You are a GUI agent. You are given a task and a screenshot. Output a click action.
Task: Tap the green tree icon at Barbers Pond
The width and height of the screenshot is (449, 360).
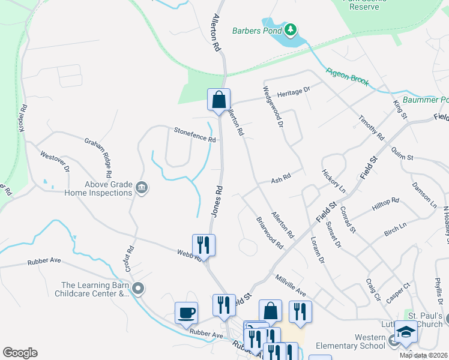click(x=291, y=29)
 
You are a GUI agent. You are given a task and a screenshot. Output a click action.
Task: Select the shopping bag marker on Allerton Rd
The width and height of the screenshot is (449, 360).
click(x=219, y=100)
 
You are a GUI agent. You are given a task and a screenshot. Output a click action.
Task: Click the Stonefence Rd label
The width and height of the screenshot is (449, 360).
click(x=194, y=134)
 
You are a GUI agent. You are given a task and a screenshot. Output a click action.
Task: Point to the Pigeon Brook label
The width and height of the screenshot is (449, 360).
click(x=348, y=76)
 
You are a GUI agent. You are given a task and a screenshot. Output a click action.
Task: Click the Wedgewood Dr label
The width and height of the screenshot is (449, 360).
click(x=271, y=107)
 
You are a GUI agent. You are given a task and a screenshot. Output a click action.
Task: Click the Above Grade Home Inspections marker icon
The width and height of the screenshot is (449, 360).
click(x=142, y=188)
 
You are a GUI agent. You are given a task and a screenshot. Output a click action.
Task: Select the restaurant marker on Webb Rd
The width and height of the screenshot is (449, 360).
click(x=203, y=244)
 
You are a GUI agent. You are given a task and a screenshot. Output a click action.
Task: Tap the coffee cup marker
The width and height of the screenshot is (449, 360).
click(x=186, y=313)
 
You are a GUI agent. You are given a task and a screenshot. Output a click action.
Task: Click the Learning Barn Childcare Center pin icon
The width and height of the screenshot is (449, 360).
click(x=138, y=289)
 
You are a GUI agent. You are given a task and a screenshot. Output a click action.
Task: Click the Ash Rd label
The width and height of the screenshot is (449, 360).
click(x=280, y=178)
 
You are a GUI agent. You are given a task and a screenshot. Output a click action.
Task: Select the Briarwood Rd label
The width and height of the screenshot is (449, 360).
click(x=270, y=232)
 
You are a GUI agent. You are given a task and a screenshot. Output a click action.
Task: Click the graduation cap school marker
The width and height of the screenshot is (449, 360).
click(x=406, y=331)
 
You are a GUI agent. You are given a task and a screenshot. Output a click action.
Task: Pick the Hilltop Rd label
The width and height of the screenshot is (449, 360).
click(x=385, y=202)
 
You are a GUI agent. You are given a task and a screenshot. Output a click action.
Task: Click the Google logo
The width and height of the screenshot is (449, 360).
click(x=20, y=353)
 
